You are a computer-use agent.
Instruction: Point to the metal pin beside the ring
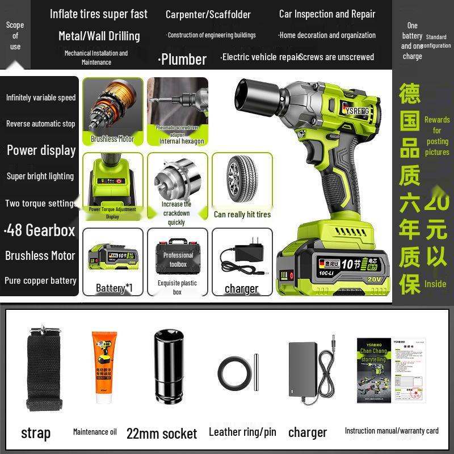click(256, 372)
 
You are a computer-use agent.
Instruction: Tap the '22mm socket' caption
click(162, 434)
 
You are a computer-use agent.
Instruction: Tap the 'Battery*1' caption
click(114, 288)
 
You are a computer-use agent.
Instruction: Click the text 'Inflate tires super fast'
click(99, 14)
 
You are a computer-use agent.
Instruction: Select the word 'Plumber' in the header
click(182, 59)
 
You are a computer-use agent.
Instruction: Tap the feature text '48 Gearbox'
click(40, 230)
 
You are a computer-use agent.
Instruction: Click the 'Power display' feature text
click(41, 150)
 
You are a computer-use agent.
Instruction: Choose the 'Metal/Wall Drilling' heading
click(99, 36)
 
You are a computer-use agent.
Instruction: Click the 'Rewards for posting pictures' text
click(436, 136)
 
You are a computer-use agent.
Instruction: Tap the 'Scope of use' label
click(15, 35)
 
